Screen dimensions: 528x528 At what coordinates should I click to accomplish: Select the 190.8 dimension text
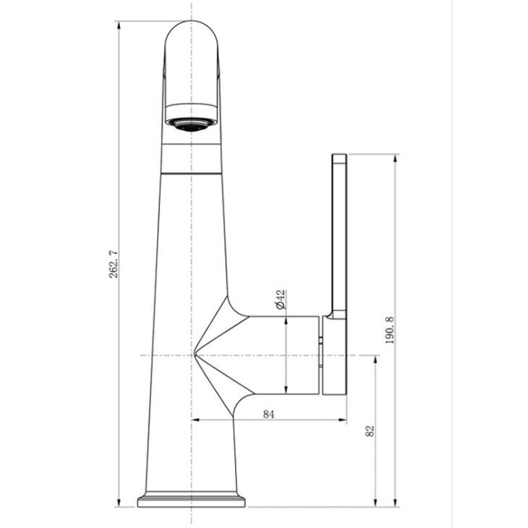(x=390, y=330)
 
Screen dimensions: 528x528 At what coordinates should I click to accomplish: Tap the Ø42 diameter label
(x=280, y=299)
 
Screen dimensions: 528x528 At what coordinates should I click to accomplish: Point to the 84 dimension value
(x=268, y=414)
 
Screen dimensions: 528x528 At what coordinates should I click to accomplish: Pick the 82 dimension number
(x=370, y=431)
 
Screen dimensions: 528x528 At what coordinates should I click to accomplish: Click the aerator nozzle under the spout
(x=191, y=124)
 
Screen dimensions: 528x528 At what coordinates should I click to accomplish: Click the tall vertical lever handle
(x=339, y=236)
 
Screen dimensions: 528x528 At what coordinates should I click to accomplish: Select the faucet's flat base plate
(x=191, y=501)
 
